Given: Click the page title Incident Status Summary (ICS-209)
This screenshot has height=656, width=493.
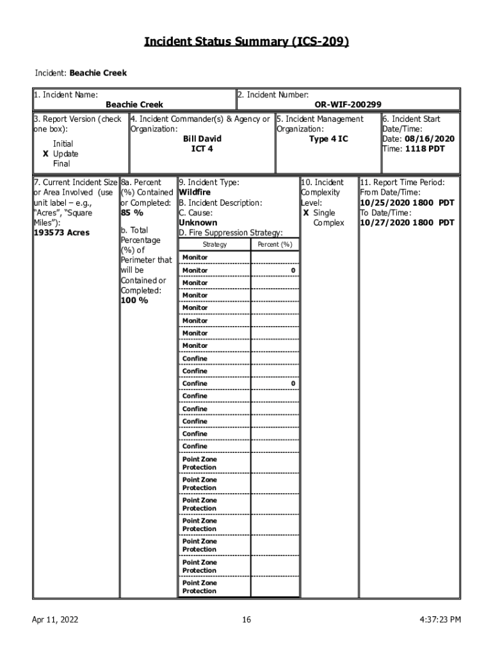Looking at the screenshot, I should pos(247,42).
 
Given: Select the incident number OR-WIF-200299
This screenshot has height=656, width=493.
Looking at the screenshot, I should pos(348,104).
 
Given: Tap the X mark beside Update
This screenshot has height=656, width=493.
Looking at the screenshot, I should pos(45,154).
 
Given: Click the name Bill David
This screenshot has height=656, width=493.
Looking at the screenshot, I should pos(202,139).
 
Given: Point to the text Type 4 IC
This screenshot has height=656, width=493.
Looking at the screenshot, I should pos(328,139).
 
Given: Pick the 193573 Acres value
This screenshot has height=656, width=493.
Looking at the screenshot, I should pos(62,233).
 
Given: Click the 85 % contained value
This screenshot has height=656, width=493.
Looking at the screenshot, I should pos(132,213).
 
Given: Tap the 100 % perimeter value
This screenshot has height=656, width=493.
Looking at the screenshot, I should pos(134,300).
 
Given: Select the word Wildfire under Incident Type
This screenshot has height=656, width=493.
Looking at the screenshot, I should pos(195,192).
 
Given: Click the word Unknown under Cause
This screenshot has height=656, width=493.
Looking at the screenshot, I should pos(198,223).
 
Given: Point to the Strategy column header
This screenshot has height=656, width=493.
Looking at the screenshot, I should pos(214,245).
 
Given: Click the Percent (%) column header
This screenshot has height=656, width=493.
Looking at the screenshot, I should pos(275,245).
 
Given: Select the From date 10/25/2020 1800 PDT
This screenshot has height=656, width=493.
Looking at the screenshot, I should pos(407,202).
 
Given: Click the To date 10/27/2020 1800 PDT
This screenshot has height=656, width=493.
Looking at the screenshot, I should pos(407,223).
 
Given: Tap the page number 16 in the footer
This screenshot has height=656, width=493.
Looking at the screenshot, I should pos(247,619).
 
